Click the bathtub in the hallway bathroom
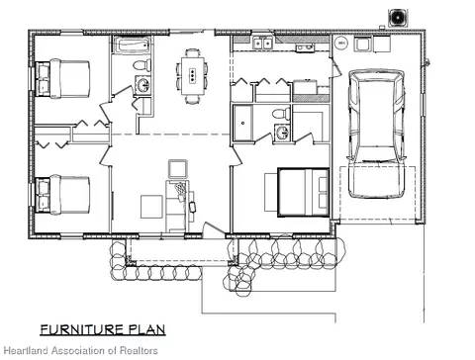pos(133,45)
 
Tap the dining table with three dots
pos(192,75)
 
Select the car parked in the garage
pos(376,134)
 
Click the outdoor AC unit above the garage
pos(398,17)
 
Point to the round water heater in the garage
pos(341,43)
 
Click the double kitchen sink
pos(262,43)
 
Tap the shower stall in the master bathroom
pos(243,123)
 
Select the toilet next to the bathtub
pos(142,65)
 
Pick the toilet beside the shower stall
pos(282,114)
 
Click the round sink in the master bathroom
pos(282,133)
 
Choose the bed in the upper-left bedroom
pos(62,78)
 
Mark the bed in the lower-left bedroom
pos(62,195)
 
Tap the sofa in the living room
pos(177,206)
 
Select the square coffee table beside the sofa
pos(151,207)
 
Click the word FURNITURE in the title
pos(82,329)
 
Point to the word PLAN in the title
pos(146,329)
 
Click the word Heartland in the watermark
pos(27,350)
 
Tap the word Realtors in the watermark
pos(139,350)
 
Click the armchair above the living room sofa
pos(178,169)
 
